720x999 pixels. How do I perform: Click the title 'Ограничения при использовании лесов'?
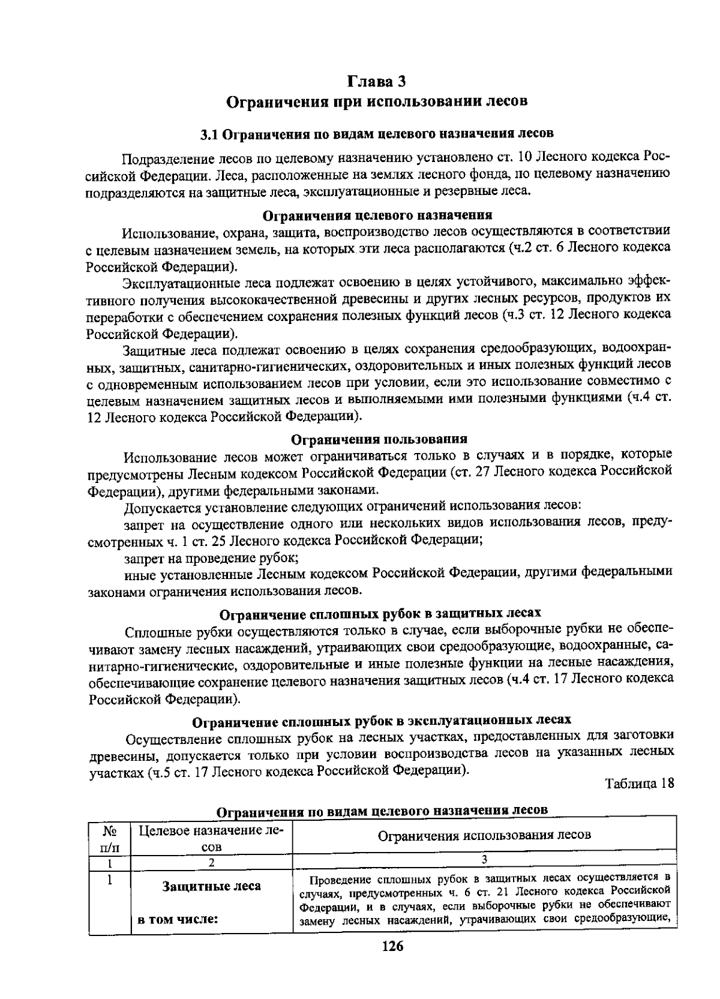click(377, 100)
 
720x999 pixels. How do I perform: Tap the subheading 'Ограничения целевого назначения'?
click(378, 215)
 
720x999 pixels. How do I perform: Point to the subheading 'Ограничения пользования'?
click(379, 439)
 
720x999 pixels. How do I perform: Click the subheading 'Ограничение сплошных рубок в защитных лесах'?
click(380, 614)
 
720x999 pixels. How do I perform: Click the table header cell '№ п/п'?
click(109, 838)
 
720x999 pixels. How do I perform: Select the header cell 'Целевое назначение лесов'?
click(211, 838)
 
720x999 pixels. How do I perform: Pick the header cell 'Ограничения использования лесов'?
click(484, 835)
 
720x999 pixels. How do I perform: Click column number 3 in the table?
click(484, 860)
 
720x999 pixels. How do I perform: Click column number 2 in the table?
click(211, 863)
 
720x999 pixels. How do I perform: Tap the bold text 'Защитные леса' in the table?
click(211, 886)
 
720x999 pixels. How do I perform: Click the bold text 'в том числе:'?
click(178, 920)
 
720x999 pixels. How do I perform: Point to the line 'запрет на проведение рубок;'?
click(211, 558)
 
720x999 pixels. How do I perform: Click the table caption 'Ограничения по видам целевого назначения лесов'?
click(382, 811)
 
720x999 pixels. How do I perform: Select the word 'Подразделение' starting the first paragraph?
click(159, 158)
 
